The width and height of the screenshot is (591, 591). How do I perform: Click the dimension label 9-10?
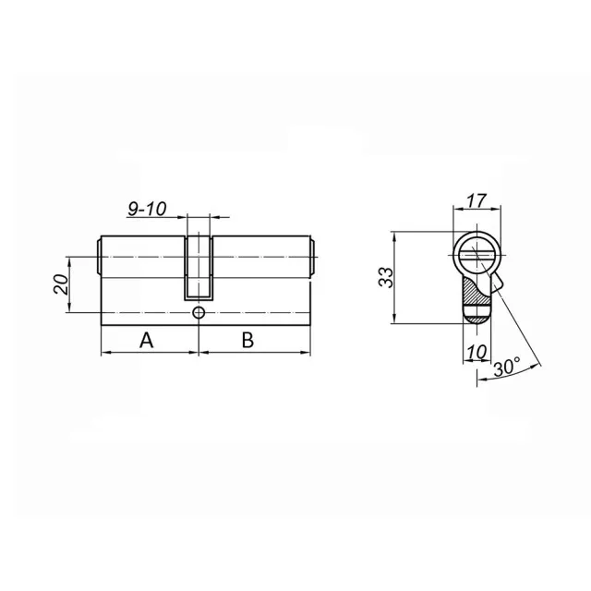146,210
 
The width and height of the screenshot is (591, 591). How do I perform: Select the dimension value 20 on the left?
60,283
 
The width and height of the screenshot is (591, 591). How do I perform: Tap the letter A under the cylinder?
146,340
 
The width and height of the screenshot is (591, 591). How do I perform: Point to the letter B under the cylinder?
247,340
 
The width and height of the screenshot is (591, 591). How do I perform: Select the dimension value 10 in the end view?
477,351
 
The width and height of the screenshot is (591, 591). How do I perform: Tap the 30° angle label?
506,367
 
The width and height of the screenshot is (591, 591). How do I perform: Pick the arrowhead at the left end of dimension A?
104,353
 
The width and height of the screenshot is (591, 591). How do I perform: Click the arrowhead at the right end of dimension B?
310,353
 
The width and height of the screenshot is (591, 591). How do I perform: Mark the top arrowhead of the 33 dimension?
395,235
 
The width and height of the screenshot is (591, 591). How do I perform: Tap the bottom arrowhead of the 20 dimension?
69,310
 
